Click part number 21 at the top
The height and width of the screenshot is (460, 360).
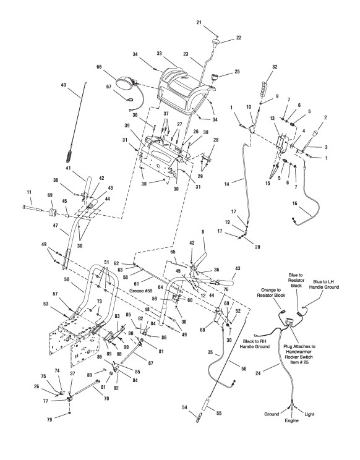[199, 22]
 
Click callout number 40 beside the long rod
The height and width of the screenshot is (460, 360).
[63, 85]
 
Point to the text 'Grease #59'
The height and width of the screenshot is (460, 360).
[139, 291]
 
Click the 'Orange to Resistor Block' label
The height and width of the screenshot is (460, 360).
[272, 292]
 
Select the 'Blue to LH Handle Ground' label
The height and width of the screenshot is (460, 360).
[324, 284]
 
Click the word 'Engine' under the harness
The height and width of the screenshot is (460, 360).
[291, 420]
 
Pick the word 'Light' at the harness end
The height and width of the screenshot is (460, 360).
[309, 414]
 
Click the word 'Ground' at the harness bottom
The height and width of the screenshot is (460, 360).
[272, 414]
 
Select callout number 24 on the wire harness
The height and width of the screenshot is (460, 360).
[258, 373]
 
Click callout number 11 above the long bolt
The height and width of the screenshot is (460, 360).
[28, 192]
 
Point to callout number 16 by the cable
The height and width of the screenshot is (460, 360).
[295, 203]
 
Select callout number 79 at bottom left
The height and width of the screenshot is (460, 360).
[49, 420]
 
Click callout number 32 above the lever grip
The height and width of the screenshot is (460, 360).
[275, 67]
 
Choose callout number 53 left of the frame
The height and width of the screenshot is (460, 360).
[46, 304]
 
